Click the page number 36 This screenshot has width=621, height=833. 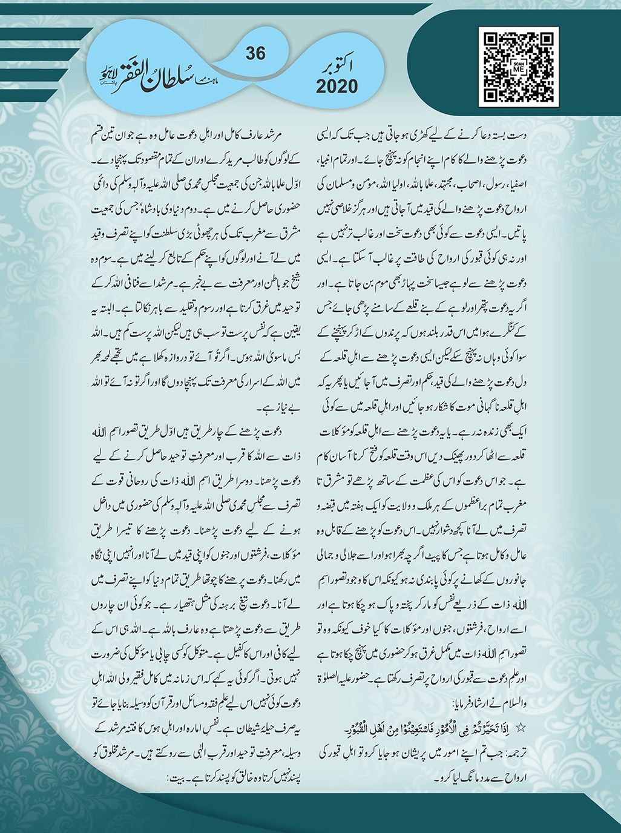[x=255, y=53]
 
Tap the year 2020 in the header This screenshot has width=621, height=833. [x=337, y=87]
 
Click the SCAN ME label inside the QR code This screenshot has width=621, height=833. [x=518, y=67]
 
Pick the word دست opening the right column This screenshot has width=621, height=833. [x=517, y=139]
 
